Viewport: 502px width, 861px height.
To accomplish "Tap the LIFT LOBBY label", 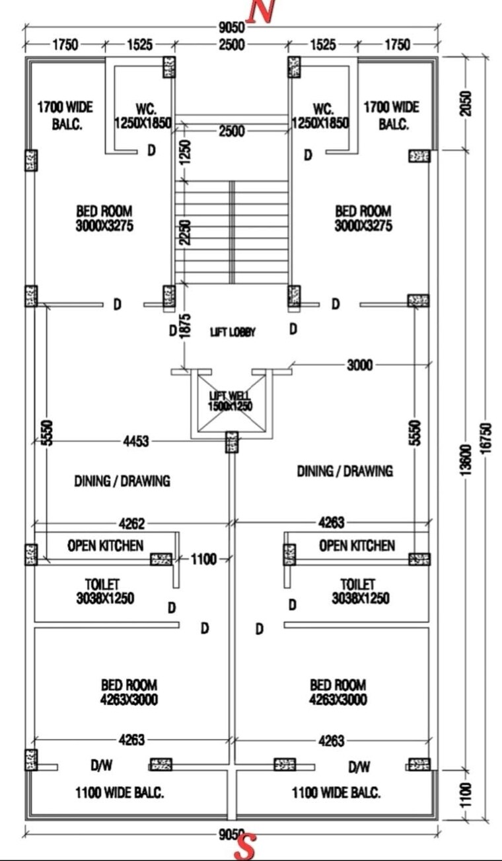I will click(x=233, y=332).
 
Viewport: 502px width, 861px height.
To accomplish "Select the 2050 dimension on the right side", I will click(x=467, y=104).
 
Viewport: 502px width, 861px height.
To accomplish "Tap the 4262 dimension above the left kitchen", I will click(x=132, y=524).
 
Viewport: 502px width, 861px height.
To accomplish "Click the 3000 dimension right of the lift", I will click(x=361, y=364).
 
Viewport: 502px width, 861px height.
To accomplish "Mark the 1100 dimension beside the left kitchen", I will click(x=203, y=559).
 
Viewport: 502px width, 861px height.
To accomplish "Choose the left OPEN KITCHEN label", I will click(x=105, y=545).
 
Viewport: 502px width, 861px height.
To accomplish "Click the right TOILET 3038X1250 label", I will click(x=360, y=592).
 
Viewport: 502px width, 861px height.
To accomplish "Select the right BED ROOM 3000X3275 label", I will click(x=363, y=218).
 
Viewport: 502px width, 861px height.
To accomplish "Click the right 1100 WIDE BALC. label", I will click(x=336, y=793).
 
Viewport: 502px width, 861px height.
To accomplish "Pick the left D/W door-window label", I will click(x=102, y=766).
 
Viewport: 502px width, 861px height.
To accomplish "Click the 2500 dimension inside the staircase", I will click(x=232, y=131).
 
